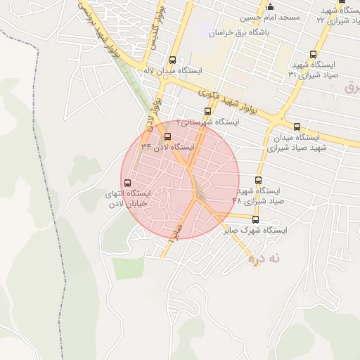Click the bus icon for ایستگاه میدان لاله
[x=173, y=60]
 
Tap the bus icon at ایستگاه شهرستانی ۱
[x=207, y=111]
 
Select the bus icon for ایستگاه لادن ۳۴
[x=167, y=136]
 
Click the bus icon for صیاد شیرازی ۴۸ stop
[x=258, y=180]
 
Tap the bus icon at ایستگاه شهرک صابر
[x=255, y=219]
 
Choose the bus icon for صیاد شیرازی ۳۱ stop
[x=313, y=54]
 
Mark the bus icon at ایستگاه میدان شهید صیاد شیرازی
[x=297, y=127]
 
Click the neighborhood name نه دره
[x=264, y=259]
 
